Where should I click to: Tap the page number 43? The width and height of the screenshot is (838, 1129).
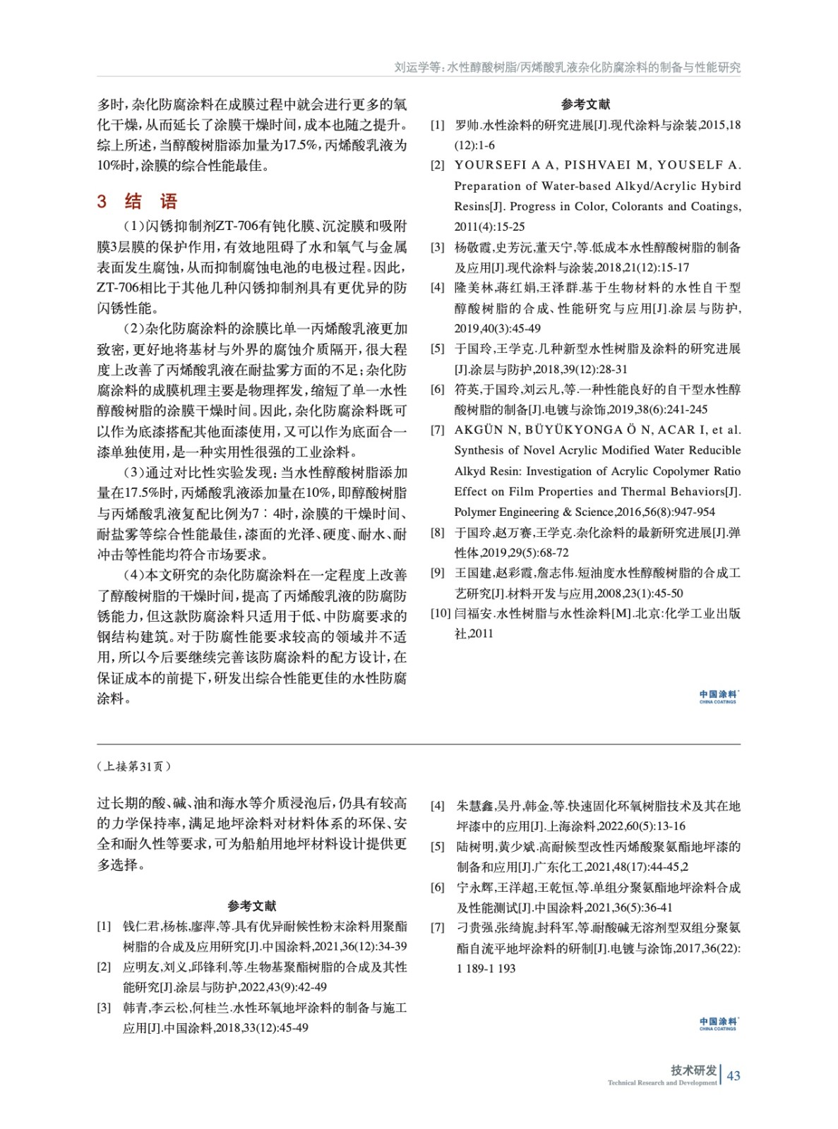point(734,1075)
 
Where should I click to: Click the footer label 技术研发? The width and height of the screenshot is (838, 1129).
point(693,1070)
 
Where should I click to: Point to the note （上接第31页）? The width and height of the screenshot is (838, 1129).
point(133,766)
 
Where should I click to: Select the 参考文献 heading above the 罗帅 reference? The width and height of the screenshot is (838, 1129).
point(585,104)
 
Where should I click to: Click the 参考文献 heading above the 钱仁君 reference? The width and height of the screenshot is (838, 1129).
point(251,906)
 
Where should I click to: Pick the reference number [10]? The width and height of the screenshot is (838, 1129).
point(441,613)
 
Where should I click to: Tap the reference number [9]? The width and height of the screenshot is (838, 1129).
point(438,572)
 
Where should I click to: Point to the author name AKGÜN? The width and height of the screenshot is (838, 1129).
point(479,430)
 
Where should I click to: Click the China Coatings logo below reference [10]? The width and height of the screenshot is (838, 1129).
point(717,696)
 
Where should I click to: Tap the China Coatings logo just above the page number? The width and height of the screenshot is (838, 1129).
point(717,1023)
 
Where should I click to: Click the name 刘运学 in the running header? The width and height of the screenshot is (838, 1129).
point(412,68)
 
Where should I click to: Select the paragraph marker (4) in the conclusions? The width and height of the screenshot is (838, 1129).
point(134,575)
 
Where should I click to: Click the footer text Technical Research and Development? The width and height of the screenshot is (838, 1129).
point(662,1082)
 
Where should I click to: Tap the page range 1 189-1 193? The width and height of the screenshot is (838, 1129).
point(486,968)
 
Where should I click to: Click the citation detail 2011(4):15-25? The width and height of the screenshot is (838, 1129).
point(489,227)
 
